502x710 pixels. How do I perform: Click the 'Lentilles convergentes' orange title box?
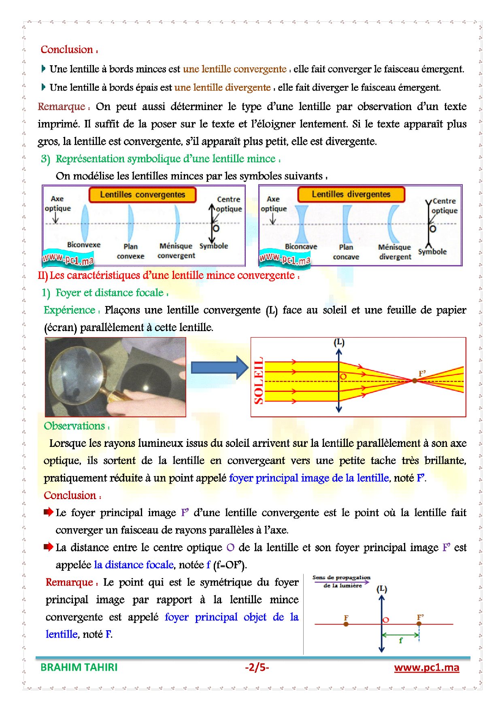point(142,195)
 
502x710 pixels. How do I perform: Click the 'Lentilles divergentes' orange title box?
point(351,194)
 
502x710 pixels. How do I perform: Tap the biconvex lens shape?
point(84,223)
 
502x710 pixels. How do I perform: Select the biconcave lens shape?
point(302,224)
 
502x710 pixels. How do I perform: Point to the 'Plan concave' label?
point(346,252)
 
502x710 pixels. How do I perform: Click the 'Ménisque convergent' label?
point(176,251)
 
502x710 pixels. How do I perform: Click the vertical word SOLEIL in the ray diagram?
point(258,381)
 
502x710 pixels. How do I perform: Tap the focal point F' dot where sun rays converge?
point(415,381)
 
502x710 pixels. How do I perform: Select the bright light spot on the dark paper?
point(146,388)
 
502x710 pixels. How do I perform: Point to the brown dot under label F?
point(346,624)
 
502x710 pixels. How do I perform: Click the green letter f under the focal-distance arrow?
point(401,640)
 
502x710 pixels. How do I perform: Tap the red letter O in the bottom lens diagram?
point(386,620)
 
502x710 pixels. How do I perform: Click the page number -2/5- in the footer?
point(257,667)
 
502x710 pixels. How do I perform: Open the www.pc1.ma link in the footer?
point(426,667)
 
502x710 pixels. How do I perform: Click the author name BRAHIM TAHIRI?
point(79,667)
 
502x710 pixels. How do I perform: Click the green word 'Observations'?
point(74,426)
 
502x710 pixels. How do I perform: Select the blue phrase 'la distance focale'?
point(134,565)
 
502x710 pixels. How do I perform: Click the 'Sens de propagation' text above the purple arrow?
point(341,578)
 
